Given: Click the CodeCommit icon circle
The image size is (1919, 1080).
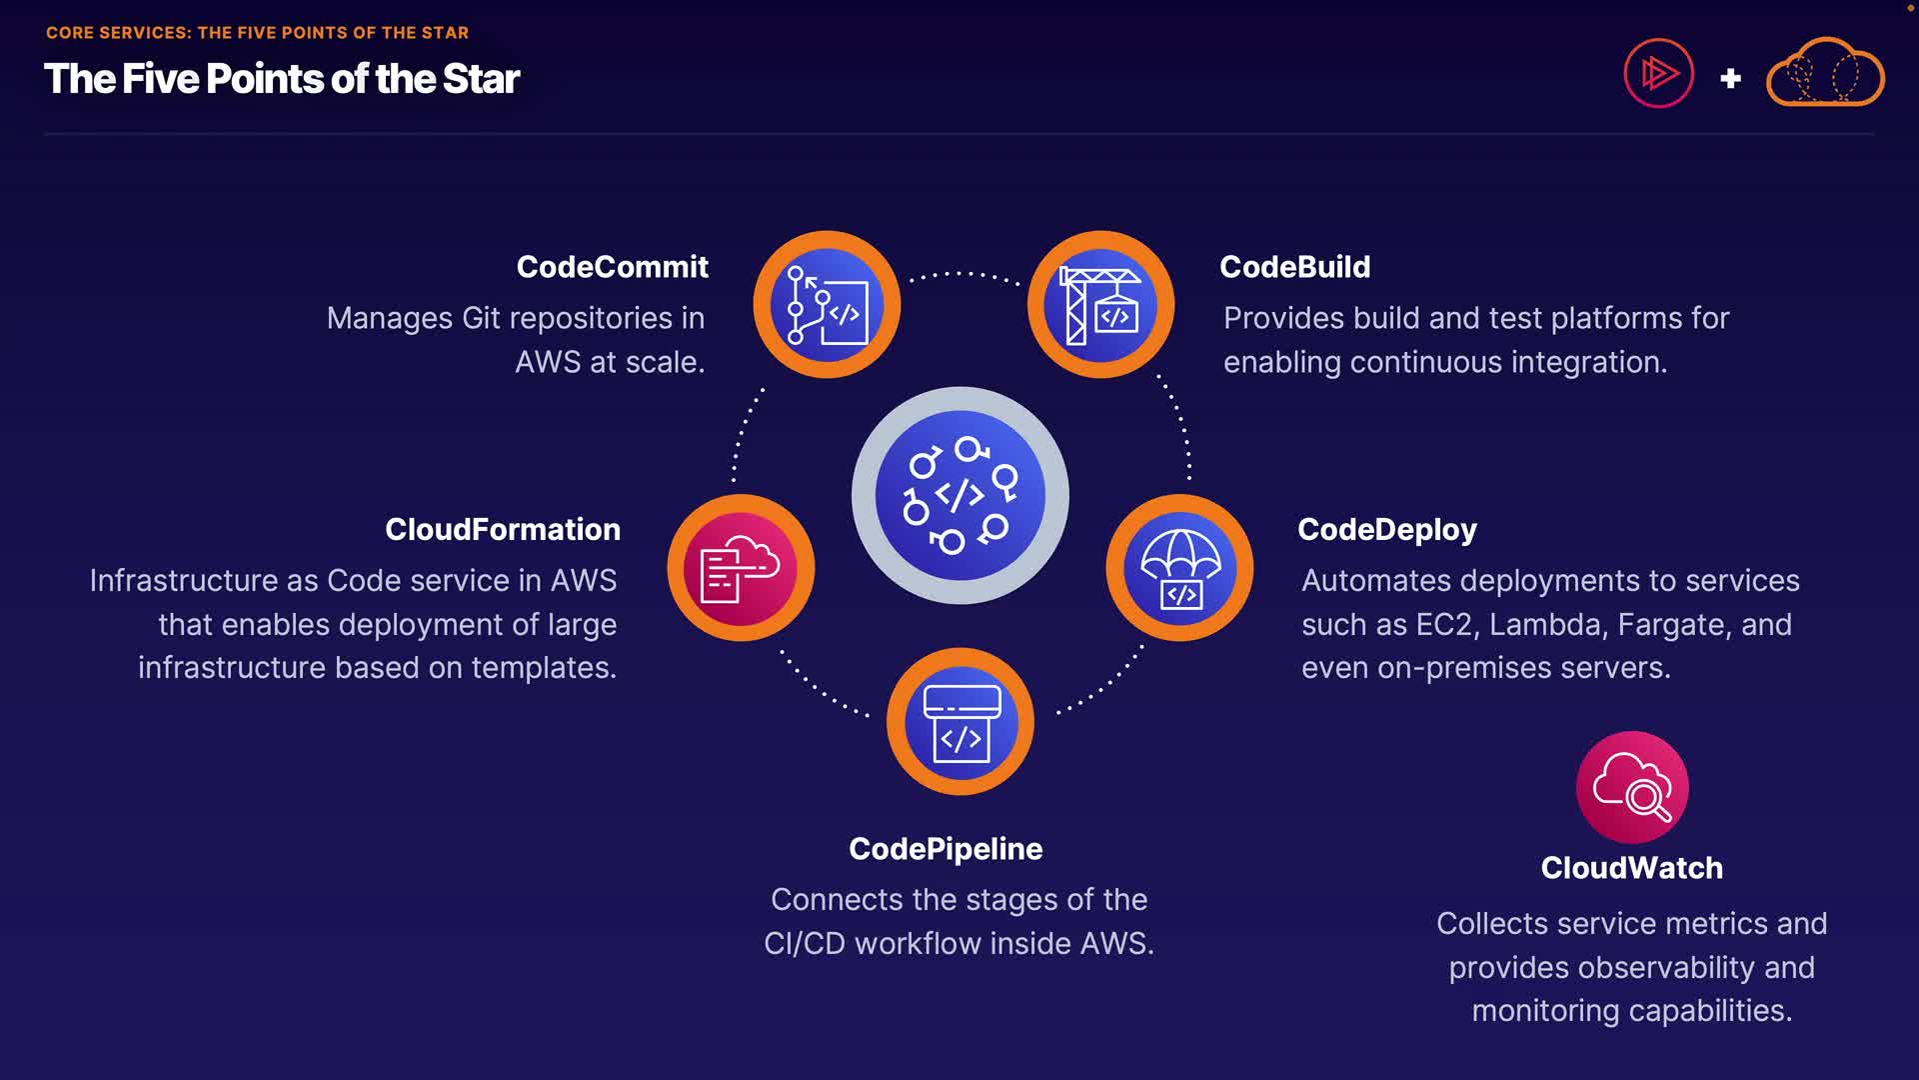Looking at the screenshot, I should pyautogui.click(x=827, y=305).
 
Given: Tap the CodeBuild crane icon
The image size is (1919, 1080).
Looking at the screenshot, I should pyautogui.click(x=1100, y=305).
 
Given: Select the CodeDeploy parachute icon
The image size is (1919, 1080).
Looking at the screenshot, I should pyautogui.click(x=1179, y=568).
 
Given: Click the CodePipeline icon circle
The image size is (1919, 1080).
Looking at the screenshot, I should pyautogui.click(x=960, y=722).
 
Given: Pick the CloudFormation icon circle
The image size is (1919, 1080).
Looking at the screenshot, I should pyautogui.click(x=741, y=568).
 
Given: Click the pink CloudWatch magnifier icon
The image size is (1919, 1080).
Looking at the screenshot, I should pyautogui.click(x=1632, y=788).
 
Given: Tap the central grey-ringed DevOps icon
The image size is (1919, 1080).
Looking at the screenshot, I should pyautogui.click(x=960, y=495).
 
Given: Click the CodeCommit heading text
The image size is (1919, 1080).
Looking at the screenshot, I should pyautogui.click(x=612, y=267).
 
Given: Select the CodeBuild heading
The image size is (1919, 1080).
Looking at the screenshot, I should pyautogui.click(x=1294, y=267).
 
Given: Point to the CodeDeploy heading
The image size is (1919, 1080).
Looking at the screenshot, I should pyautogui.click(x=1386, y=530).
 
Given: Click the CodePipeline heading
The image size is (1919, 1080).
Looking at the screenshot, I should pyautogui.click(x=946, y=849).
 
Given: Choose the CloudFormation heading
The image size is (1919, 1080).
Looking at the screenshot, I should pyautogui.click(x=503, y=530).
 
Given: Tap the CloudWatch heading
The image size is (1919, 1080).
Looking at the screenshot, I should pyautogui.click(x=1631, y=868).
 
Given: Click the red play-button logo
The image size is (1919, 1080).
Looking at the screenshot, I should pyautogui.click(x=1658, y=73).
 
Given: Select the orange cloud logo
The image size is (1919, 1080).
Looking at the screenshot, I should pyautogui.click(x=1825, y=73).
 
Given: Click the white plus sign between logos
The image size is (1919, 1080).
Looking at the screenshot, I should pyautogui.click(x=1730, y=78).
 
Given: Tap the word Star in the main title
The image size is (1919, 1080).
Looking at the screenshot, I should pyautogui.click(x=481, y=79).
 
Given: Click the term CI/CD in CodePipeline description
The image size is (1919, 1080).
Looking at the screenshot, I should pyautogui.click(x=804, y=944).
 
